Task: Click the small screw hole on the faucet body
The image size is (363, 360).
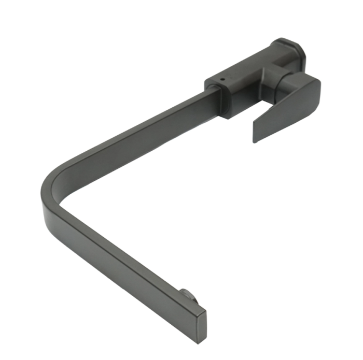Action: tap(222, 80)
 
